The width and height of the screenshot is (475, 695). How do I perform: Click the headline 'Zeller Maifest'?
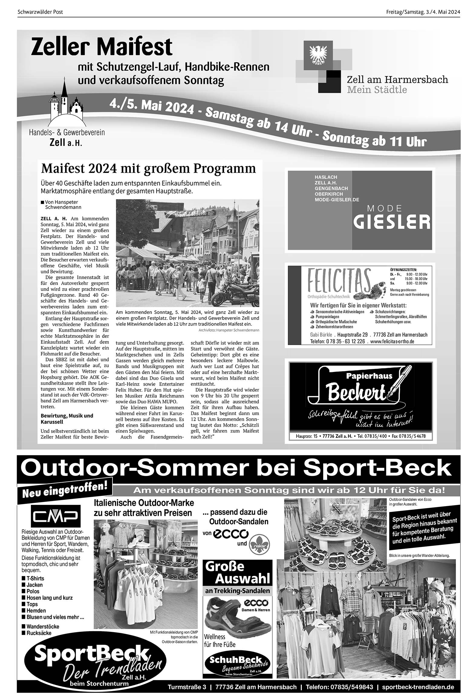102,47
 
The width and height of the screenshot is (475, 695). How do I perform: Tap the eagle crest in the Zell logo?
317,55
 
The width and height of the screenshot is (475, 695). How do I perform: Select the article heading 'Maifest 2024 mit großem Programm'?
148,169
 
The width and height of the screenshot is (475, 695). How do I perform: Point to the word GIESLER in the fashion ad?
392,222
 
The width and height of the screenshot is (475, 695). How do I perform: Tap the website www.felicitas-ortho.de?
392,341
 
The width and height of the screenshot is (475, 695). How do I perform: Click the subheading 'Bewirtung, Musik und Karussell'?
67,419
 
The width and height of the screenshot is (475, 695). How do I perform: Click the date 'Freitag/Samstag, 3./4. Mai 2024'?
423,12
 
